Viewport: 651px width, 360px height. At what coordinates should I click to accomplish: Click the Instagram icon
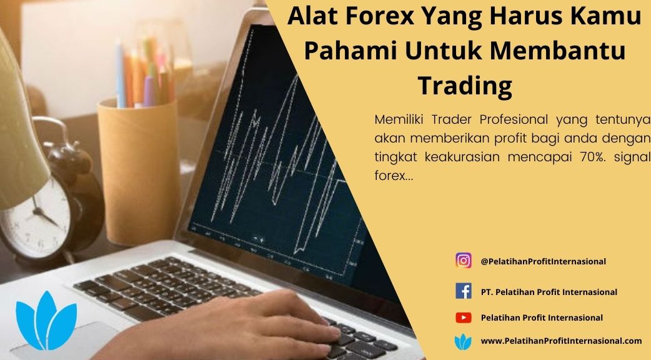[x=464, y=261]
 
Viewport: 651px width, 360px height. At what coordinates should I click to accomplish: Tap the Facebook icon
[x=464, y=291]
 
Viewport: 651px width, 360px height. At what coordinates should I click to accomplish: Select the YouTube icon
[x=464, y=317]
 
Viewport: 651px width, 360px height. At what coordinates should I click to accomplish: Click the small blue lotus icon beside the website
[x=463, y=342]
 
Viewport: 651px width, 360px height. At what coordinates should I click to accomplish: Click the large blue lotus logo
[x=46, y=320]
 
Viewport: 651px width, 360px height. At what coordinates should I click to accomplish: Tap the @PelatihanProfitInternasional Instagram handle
[x=543, y=261]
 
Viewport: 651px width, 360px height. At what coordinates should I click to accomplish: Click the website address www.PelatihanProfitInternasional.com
[x=561, y=341]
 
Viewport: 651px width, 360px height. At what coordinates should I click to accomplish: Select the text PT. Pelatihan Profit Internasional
[x=549, y=292]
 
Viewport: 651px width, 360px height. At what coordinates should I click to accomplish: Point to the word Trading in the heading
[x=465, y=86]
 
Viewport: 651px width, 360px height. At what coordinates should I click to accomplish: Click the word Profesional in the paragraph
[x=514, y=119]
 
